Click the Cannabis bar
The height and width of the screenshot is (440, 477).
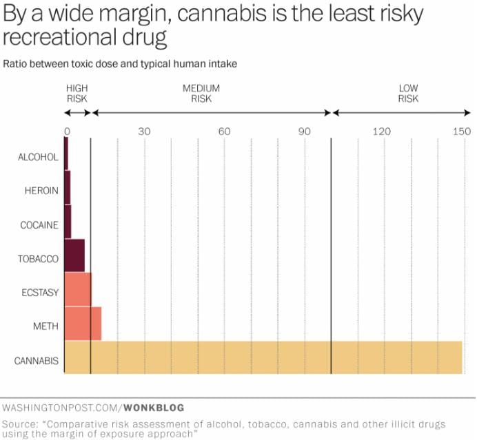coord(263,357)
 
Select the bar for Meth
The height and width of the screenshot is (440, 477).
coord(83,324)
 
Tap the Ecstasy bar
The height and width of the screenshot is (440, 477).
coord(77,290)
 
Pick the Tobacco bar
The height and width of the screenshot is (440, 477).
coord(74,256)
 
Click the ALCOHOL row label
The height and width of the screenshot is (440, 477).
coord(38,157)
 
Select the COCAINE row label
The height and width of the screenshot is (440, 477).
coord(40,224)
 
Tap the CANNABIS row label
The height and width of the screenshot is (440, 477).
coord(37,361)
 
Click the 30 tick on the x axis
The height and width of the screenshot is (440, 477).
coord(144,132)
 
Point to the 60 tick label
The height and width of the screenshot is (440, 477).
coord(224,132)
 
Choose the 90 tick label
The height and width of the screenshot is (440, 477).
coord(305,132)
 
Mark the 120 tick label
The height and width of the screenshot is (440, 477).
coord(382,132)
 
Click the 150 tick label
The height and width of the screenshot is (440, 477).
coord(462,132)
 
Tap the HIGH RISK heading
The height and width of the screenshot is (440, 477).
coord(77,94)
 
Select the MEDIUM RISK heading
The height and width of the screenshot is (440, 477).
coord(201,94)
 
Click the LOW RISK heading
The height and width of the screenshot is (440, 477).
coord(408,94)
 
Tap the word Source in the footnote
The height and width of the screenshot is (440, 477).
coord(21,423)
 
